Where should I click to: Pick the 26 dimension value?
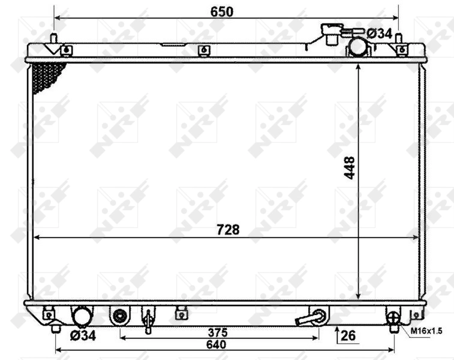click(348, 335)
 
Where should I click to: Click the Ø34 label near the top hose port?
click(379, 34)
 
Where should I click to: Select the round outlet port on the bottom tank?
click(82, 316)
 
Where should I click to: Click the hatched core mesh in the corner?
click(47, 76)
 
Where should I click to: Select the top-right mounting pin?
click(399, 38)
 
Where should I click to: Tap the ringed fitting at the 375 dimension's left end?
click(120, 314)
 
